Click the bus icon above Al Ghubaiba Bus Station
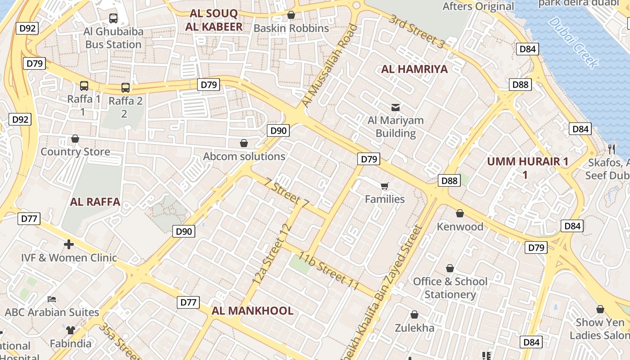pyautogui.click(x=113, y=18)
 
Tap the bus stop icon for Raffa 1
pyautogui.click(x=84, y=85)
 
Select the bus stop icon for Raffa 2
pyautogui.click(x=126, y=88)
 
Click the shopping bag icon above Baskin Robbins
pyautogui.click(x=291, y=15)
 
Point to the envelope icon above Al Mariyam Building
pyautogui.click(x=396, y=107)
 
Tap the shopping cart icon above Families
pyautogui.click(x=384, y=186)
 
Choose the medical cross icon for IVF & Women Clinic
pyautogui.click(x=69, y=244)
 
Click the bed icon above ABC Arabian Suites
pyautogui.click(x=52, y=299)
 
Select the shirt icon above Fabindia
pyautogui.click(x=70, y=330)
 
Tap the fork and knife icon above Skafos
pyautogui.click(x=611, y=149)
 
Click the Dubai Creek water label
pyautogui.click(x=574, y=42)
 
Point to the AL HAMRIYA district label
pyautogui.click(x=414, y=69)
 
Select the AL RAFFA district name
pyautogui.click(x=95, y=202)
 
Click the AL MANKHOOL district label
pyautogui.click(x=252, y=310)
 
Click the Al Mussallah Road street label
pyautogui.click(x=329, y=66)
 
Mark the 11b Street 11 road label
pyautogui.click(x=329, y=271)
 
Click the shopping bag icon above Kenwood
pyautogui.click(x=460, y=213)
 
